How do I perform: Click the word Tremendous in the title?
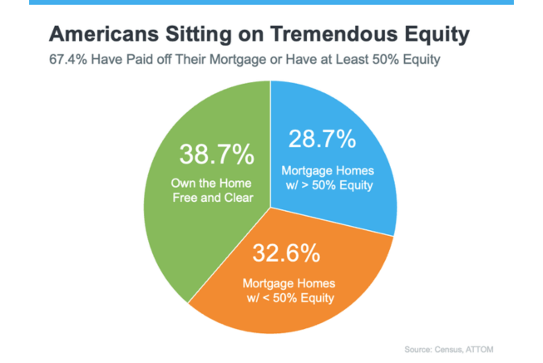click(334, 34)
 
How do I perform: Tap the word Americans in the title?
click(104, 34)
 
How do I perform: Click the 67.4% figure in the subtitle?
click(68, 59)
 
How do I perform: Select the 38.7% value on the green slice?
click(217, 155)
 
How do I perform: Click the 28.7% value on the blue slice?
click(322, 139)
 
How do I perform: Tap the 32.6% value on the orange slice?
click(286, 253)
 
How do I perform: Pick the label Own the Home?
click(211, 183)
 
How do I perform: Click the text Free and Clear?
click(213, 198)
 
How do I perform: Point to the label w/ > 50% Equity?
click(329, 185)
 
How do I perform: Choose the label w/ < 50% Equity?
click(290, 298)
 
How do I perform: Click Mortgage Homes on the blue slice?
click(328, 171)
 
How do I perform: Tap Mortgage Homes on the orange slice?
click(289, 284)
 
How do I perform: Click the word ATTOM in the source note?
click(479, 350)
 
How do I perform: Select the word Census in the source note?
click(449, 350)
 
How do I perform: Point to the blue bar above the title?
click(271, 2)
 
